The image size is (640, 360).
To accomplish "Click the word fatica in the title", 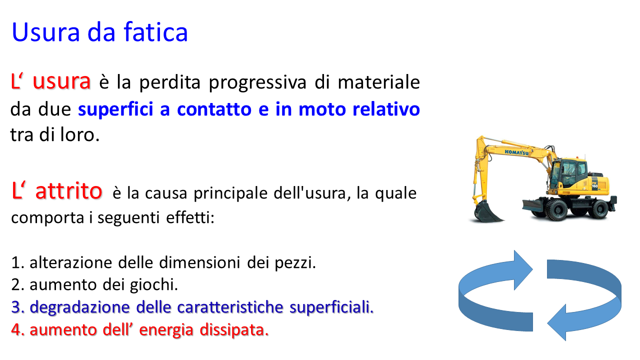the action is click(x=155, y=32).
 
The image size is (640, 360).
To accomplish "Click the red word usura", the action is click(x=61, y=81).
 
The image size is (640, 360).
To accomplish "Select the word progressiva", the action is click(x=257, y=83).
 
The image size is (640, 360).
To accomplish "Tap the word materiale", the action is click(x=378, y=82).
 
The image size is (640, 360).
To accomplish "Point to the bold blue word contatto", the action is click(x=214, y=109).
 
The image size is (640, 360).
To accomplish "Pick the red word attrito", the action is click(x=68, y=190).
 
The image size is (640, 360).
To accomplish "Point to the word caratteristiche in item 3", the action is click(x=230, y=307).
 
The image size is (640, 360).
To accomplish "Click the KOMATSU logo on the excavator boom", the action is click(x=516, y=152).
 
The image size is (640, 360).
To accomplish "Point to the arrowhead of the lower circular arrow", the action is click(x=556, y=322).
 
